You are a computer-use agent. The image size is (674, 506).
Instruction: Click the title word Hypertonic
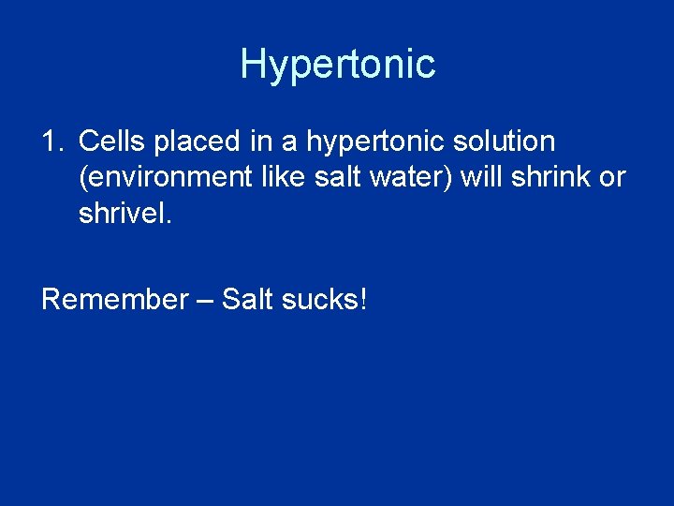click(337, 65)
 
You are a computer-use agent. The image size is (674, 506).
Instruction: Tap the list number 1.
click(51, 142)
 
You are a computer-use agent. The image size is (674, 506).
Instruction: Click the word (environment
click(157, 178)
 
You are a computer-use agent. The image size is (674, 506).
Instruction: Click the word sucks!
click(327, 300)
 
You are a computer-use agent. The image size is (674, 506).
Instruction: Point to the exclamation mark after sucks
click(363, 300)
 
